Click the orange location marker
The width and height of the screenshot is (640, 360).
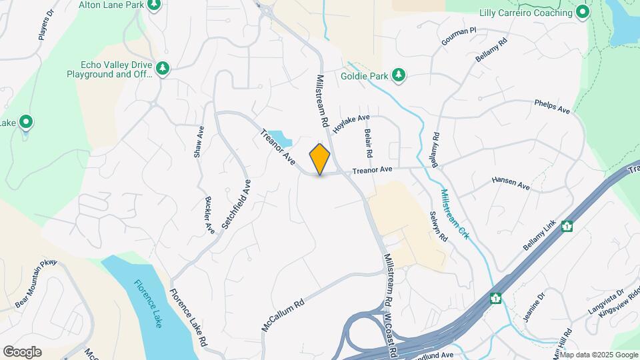click(320, 159)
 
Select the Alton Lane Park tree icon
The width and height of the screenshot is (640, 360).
click(155, 5)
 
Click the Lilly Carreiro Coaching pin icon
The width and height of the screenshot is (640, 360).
click(583, 12)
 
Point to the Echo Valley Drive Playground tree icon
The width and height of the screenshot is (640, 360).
click(162, 69)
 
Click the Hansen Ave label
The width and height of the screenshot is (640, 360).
click(511, 184)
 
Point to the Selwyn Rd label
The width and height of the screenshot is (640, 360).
click(438, 227)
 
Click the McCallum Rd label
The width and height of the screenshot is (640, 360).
click(283, 314)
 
